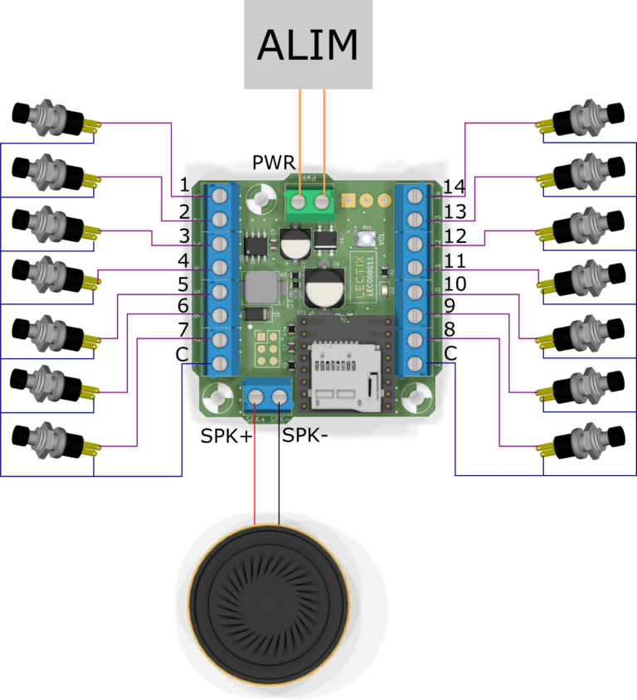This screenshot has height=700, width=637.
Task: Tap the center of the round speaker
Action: (x=267, y=603)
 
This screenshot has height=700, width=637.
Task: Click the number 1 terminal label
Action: (x=184, y=186)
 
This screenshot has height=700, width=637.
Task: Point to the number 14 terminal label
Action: (x=454, y=186)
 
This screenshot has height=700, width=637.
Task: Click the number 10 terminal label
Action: (x=455, y=284)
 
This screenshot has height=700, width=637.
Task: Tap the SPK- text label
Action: (x=308, y=435)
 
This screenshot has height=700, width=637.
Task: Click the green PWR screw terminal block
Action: (x=309, y=200)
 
